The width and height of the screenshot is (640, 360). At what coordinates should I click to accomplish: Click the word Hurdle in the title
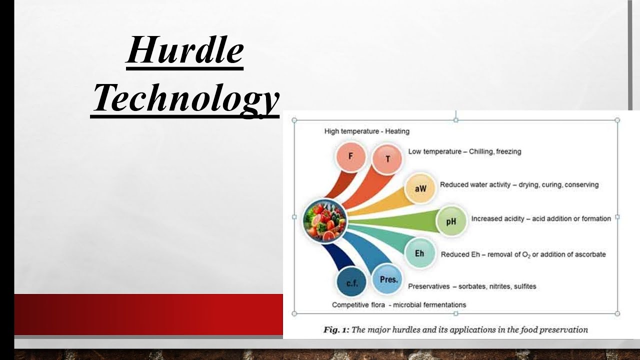[184, 51]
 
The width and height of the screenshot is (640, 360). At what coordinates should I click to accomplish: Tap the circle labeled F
[350, 156]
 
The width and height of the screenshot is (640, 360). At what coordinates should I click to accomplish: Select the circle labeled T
[387, 159]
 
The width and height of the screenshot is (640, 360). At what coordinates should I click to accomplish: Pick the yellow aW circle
[420, 188]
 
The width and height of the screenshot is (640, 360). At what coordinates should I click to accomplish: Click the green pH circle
[451, 220]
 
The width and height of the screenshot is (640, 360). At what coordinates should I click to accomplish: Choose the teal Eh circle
[419, 253]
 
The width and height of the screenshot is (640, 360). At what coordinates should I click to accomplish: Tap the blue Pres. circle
[388, 279]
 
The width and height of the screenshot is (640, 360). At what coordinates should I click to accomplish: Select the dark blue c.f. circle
[351, 283]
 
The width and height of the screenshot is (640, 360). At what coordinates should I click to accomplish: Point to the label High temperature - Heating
[366, 131]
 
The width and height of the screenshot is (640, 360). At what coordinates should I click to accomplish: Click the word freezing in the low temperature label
[508, 151]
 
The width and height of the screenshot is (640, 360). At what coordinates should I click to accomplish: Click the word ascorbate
[588, 254]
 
